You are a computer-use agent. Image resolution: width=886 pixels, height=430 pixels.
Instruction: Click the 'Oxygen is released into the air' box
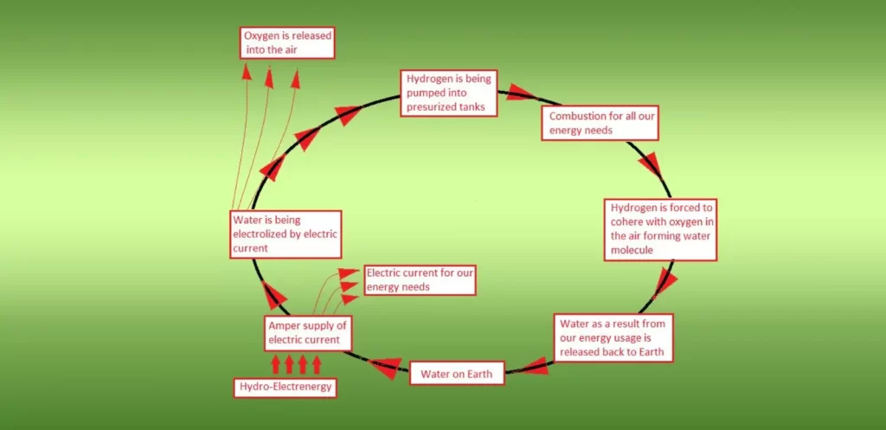click(287, 42)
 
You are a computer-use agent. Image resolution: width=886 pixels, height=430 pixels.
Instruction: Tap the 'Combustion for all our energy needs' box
click(600, 123)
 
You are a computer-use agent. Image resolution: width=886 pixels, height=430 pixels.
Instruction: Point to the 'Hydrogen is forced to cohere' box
click(660, 229)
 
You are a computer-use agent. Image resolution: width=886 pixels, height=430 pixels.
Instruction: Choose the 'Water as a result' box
click(613, 337)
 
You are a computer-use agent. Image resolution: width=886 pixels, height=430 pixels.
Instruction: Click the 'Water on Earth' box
click(456, 374)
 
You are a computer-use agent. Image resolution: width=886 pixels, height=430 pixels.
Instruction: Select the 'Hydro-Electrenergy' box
click(285, 387)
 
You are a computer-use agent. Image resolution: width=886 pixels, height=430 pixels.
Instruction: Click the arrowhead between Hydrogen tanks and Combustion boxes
click(522, 92)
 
